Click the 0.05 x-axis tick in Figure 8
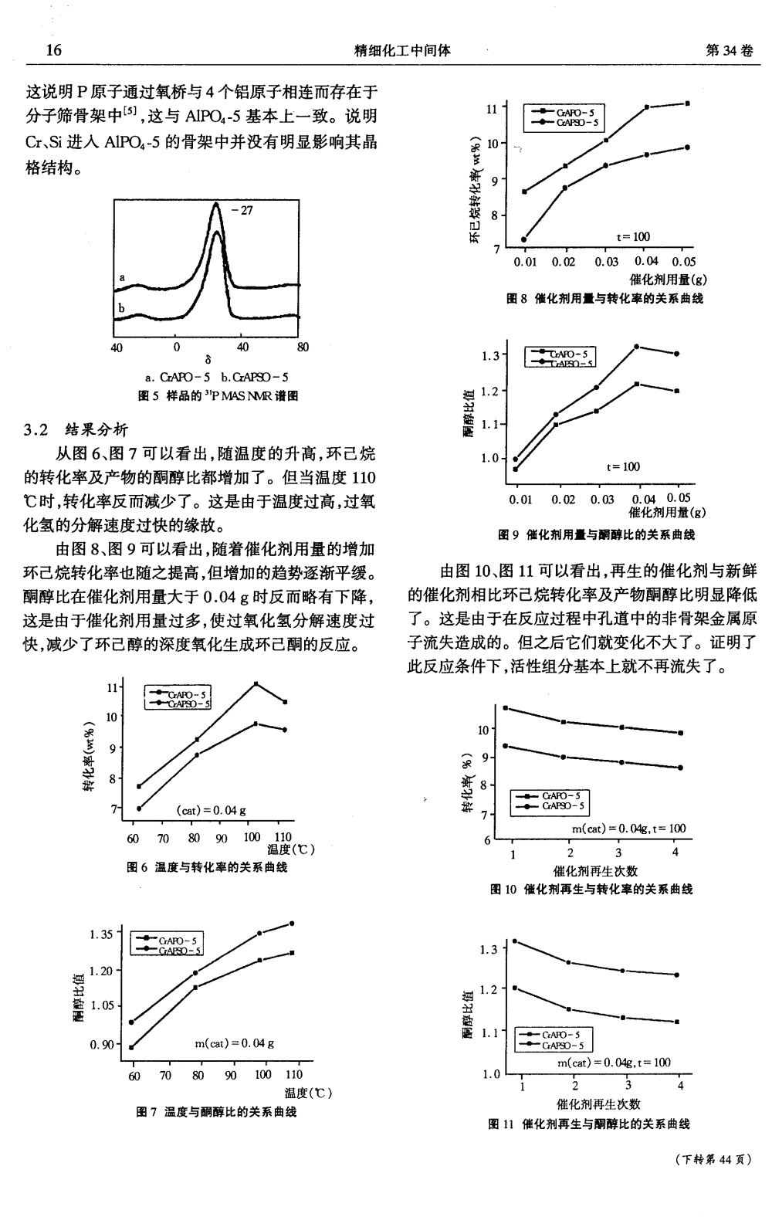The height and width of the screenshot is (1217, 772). pos(684,262)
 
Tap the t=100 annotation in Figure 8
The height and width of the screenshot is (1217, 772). pos(633,237)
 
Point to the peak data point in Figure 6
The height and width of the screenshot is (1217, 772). pos(256,684)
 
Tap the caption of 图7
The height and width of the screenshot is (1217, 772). pos(216,1112)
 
